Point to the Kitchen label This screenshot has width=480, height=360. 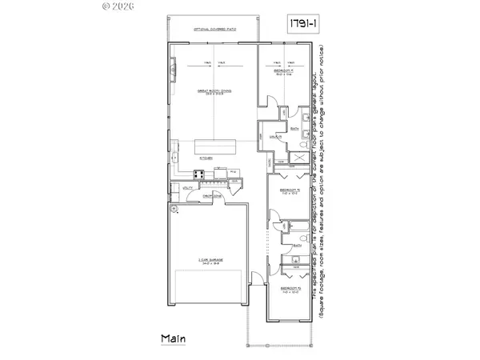(x=204, y=158)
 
